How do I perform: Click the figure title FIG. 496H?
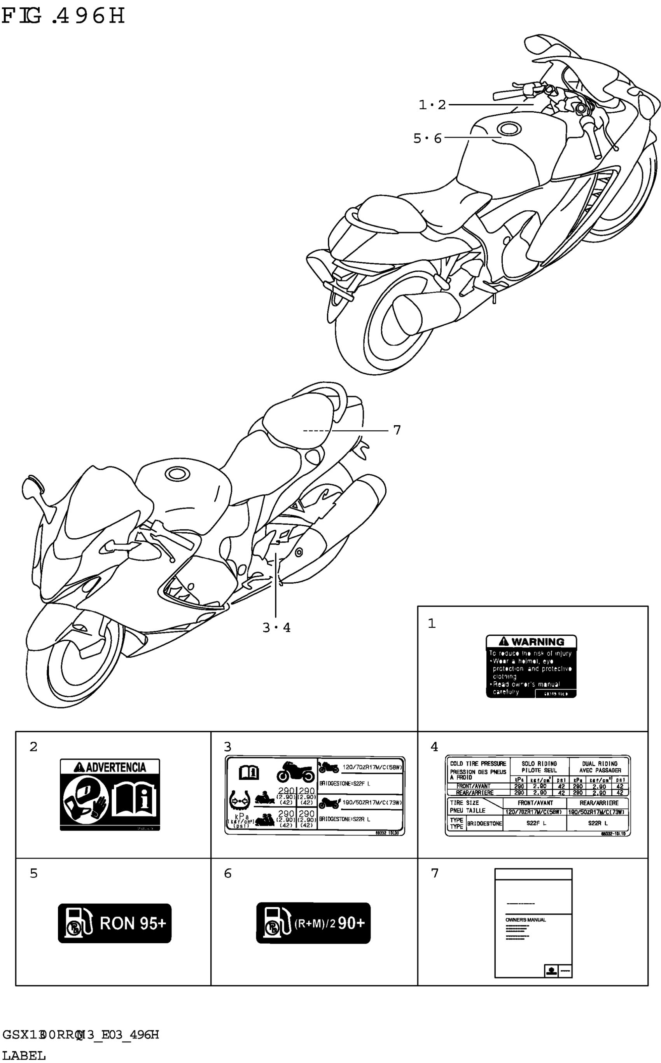[x=63, y=17]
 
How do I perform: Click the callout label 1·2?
[x=432, y=105]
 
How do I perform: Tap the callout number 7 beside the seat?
[x=397, y=430]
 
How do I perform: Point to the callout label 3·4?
[x=276, y=627]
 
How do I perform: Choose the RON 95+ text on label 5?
[x=133, y=923]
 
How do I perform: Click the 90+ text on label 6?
[x=351, y=923]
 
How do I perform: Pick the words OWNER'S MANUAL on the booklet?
[x=525, y=920]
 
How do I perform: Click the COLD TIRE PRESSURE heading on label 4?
[x=478, y=763]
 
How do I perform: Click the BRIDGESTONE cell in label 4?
[x=484, y=824]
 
